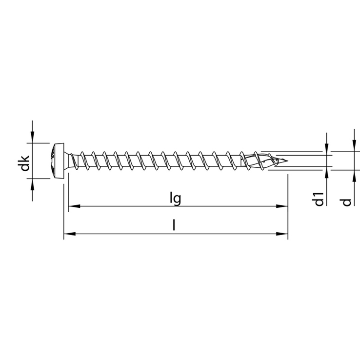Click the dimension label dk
(25, 163)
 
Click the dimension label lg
(176, 199)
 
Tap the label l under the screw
(174, 225)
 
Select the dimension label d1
(319, 199)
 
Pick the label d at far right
(347, 202)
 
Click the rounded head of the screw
(57, 160)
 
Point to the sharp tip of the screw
(287, 160)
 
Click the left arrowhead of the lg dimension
(74, 206)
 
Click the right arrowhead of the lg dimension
(282, 206)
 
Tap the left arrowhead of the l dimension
(70, 234)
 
